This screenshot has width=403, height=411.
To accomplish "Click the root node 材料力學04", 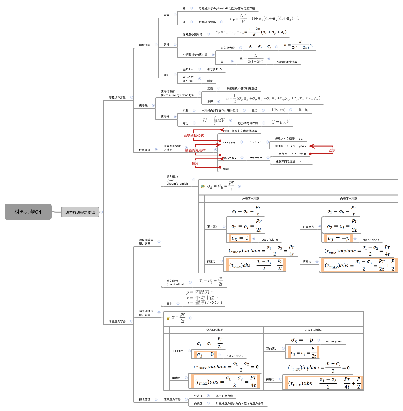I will click(28, 212).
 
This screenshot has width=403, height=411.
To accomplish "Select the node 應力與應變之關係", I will click(80, 212).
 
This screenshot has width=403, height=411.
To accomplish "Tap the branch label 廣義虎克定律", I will click(117, 97).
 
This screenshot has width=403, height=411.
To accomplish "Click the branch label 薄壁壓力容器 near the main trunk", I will click(117, 321).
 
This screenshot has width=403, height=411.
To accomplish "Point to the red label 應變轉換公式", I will click(193, 136).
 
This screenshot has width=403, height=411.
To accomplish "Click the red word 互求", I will click(332, 150).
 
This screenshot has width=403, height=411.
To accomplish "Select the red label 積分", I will click(195, 163).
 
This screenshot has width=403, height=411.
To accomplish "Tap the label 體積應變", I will click(144, 45).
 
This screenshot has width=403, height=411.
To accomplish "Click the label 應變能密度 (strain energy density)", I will click(177, 93).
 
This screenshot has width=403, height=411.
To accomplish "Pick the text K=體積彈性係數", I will click(287, 62).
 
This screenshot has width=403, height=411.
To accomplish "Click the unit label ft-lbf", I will click(303, 110).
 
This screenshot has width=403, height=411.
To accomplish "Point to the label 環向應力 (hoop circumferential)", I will click(177, 180).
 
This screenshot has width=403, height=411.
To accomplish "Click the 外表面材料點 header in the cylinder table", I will click(250, 199).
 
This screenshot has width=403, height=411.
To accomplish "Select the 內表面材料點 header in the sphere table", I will click(313, 330).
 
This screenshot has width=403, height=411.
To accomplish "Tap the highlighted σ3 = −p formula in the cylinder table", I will click(338, 239).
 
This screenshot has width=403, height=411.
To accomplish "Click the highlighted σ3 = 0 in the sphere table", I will click(205, 355).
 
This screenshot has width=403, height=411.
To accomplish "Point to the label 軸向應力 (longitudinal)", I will click(175, 282).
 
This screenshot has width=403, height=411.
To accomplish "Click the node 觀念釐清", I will click(144, 399).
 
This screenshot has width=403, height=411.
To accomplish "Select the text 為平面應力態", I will click(224, 396).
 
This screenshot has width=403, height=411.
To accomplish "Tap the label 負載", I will click(226, 169).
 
